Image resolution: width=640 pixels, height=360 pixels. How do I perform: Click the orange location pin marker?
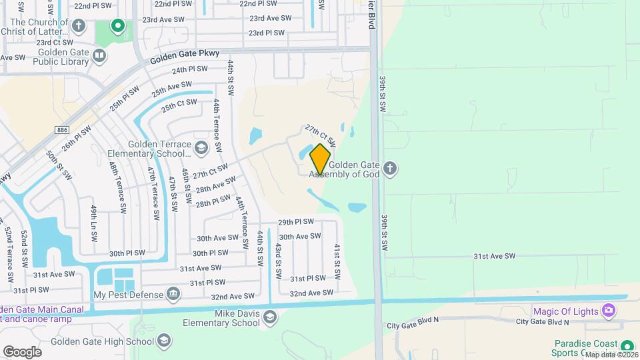320,159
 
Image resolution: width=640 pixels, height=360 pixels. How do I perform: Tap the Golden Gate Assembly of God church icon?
391,169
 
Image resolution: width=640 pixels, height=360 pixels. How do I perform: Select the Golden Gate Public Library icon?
99,55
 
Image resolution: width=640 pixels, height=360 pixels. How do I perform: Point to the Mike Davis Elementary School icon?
269,317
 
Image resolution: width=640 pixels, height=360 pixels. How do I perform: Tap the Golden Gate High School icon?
164,341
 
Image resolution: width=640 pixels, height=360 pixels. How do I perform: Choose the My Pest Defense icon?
173,293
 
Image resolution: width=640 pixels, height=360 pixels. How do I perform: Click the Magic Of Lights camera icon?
607,311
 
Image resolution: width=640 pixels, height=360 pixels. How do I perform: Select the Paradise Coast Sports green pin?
627,345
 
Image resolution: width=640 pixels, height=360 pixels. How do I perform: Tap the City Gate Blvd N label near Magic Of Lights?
543,322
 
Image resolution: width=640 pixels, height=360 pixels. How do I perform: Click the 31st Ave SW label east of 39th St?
495,256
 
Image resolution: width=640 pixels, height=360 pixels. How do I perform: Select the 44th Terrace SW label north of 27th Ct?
216,125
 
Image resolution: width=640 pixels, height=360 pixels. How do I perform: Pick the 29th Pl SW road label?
295,222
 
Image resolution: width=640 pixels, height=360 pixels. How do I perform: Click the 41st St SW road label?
337,261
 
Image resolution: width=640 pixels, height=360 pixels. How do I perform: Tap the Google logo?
22,351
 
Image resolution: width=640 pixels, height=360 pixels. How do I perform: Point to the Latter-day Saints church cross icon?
79,26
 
